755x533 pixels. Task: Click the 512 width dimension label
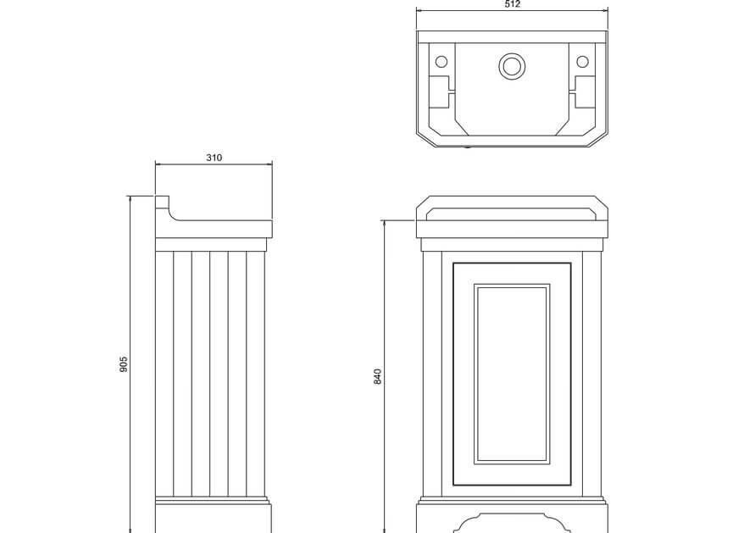pos(513,4)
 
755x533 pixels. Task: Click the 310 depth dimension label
pos(214,158)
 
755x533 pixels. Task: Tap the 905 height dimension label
pos(123,364)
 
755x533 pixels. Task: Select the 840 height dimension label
pos(378,376)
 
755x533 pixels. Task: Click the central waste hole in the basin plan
pos(511,66)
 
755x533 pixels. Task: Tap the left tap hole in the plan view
pos(441,62)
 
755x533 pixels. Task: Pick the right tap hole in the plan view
pos(583,62)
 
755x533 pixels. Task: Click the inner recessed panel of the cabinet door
pos(511,374)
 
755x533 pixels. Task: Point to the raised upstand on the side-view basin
pos(162,203)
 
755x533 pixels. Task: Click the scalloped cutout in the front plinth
pos(511,524)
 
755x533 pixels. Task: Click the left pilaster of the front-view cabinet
pos(432,374)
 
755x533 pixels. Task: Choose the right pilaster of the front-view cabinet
pos(591,374)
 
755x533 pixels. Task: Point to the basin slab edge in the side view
pos(214,229)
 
